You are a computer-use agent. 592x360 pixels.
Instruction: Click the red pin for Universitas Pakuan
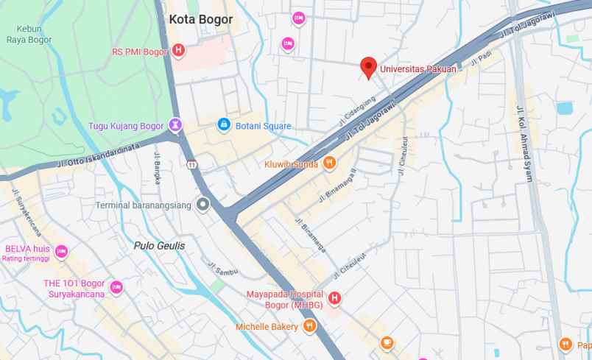[369, 67]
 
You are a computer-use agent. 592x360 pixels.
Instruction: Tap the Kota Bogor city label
[200, 20]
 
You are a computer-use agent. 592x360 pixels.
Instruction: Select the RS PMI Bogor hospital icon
[177, 51]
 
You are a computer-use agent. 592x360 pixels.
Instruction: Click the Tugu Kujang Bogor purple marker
[175, 126]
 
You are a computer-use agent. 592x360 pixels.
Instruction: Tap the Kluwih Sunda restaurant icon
[329, 163]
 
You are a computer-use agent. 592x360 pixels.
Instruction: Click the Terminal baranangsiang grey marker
[202, 205]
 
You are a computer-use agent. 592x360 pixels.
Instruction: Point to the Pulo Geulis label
[160, 245]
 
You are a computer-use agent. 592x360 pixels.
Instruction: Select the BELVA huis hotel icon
[61, 250]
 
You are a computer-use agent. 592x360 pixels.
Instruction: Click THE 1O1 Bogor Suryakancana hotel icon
[116, 287]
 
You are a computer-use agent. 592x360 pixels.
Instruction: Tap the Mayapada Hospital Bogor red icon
[334, 298]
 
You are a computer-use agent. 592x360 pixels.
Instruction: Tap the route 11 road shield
[191, 163]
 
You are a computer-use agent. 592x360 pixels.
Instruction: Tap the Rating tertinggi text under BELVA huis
[26, 258]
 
